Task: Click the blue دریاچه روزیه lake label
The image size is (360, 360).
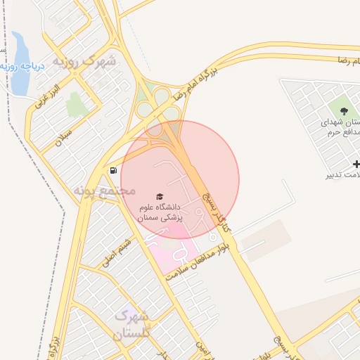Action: [34, 67]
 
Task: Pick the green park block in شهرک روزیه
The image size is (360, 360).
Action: [77, 105]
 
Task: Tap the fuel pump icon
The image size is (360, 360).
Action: [112, 170]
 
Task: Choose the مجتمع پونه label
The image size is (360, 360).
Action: [104, 190]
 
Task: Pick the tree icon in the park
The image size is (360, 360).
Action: [344, 110]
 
